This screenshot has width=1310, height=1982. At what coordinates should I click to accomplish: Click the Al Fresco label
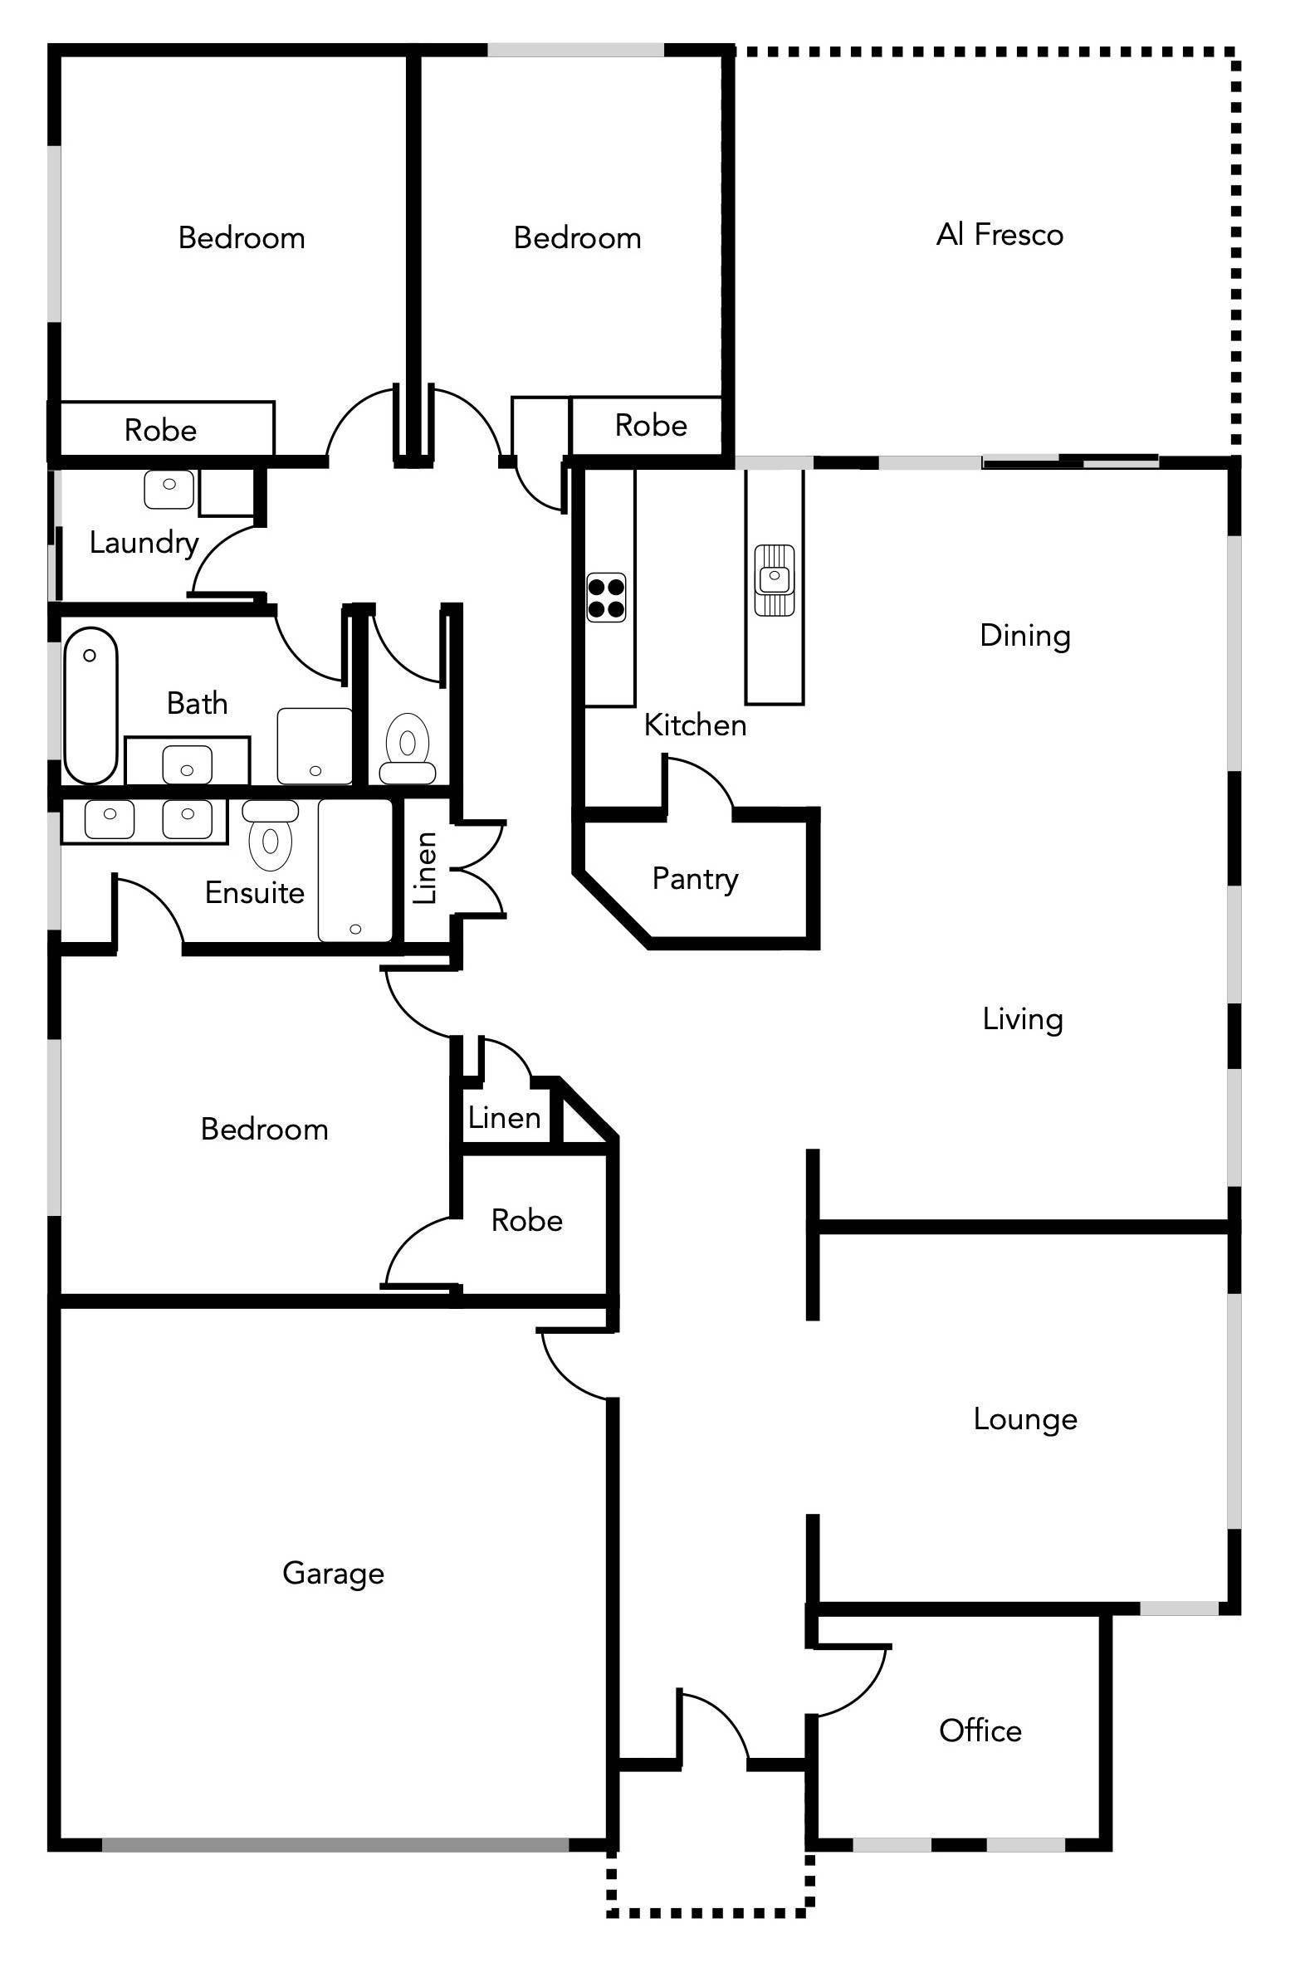[1000, 235]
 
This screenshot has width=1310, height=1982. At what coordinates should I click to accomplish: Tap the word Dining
[1025, 636]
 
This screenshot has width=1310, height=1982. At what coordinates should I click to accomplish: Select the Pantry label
[695, 880]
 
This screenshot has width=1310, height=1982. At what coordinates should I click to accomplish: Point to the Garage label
[334, 1574]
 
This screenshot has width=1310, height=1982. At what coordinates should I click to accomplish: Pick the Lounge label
[1025, 1420]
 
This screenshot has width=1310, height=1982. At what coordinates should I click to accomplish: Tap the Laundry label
[144, 544]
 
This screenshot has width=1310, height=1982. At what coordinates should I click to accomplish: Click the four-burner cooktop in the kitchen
[606, 598]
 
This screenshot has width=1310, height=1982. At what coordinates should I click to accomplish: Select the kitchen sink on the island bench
[775, 579]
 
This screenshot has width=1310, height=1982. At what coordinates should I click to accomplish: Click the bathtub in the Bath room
[90, 705]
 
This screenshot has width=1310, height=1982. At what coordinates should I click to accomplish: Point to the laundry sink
[169, 489]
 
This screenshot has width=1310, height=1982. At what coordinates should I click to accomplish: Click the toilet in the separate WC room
[408, 748]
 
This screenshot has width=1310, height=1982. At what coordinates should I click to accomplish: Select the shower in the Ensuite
[355, 871]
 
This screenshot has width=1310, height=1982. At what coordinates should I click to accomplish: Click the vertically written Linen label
[425, 868]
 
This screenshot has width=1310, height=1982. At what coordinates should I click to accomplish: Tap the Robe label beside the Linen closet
[526, 1221]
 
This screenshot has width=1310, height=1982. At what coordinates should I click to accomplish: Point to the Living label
[1023, 1020]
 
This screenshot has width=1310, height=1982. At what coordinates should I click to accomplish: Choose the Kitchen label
[695, 725]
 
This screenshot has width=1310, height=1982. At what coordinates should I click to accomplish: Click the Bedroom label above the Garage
[264, 1130]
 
